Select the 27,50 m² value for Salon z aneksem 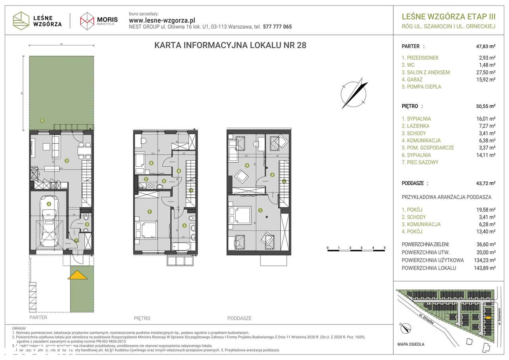coord(486,72)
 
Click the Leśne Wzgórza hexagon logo coord(21,20)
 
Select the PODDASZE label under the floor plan coord(239,318)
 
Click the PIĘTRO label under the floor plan coord(142,318)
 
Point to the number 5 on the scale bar coord(385,247)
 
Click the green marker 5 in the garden coord(42,120)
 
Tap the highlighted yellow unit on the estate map coord(488,318)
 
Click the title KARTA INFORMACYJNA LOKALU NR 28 coord(230,45)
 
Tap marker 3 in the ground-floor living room coord(66,161)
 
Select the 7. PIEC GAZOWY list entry coord(420,162)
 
